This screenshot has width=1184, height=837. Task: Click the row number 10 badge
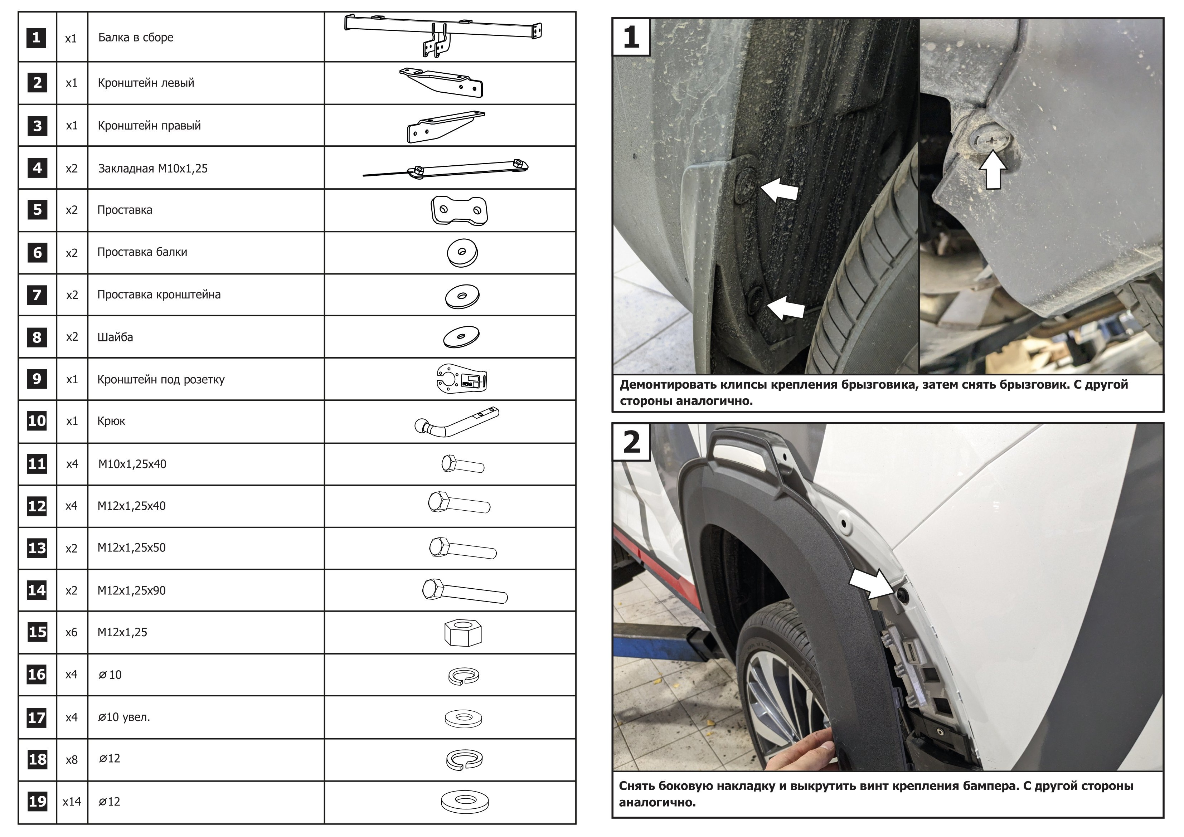(37, 421)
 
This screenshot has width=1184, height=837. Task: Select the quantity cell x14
(72, 802)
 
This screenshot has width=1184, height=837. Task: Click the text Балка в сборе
(136, 38)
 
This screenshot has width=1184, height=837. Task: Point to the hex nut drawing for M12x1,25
(462, 633)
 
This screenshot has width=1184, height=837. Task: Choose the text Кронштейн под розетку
(161, 380)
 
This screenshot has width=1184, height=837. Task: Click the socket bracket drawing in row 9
(461, 379)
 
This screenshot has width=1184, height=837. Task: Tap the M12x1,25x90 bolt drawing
(464, 591)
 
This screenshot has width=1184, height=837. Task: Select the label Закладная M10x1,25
(152, 169)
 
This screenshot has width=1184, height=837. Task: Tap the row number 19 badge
(37, 802)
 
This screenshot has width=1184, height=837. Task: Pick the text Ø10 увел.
(124, 717)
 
